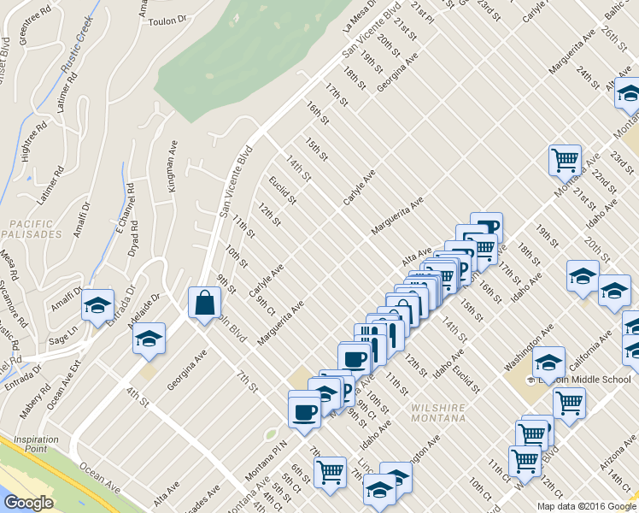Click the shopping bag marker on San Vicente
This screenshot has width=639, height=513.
pyautogui.click(x=204, y=303)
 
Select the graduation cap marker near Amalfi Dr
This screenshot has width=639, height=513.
pyautogui.click(x=97, y=304)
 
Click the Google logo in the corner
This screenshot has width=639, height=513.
pyautogui.click(x=28, y=502)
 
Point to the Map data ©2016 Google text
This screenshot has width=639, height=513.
pyautogui.click(x=585, y=506)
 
